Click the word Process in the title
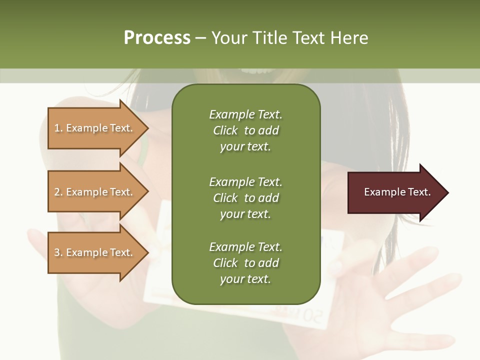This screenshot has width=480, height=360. click(x=157, y=38)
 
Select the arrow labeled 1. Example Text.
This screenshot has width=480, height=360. click(x=95, y=128)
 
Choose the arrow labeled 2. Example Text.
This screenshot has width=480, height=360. click(x=95, y=192)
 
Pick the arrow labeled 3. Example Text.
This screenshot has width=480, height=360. click(x=95, y=252)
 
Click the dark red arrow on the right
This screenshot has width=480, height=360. click(x=395, y=192)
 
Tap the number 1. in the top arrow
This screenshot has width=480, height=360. click(x=58, y=128)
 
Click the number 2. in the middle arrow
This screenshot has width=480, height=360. click(x=58, y=192)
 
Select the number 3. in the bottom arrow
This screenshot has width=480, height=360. click(x=58, y=252)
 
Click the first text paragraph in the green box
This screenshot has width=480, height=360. click(x=245, y=130)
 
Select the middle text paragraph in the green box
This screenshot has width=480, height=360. click(x=245, y=197)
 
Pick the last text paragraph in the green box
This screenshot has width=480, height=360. click(x=245, y=263)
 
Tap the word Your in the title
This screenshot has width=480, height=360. click(x=228, y=38)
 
